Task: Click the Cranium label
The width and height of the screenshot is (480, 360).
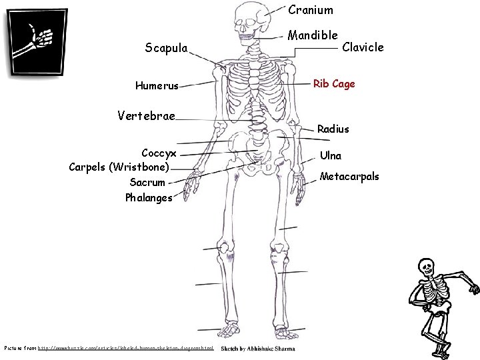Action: [311, 10]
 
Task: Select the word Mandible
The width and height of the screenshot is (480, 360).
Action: [313, 34]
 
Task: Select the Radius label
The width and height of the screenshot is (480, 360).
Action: [333, 128]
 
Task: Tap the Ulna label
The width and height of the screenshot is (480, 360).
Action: [331, 155]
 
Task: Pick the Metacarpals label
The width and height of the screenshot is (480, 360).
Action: [349, 177]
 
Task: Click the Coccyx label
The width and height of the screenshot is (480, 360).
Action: [159, 153]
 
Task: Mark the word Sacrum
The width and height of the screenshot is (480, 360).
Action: [147, 181]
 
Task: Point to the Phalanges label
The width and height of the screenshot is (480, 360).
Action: [148, 197]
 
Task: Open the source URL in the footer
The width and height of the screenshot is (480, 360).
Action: [126, 349]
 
